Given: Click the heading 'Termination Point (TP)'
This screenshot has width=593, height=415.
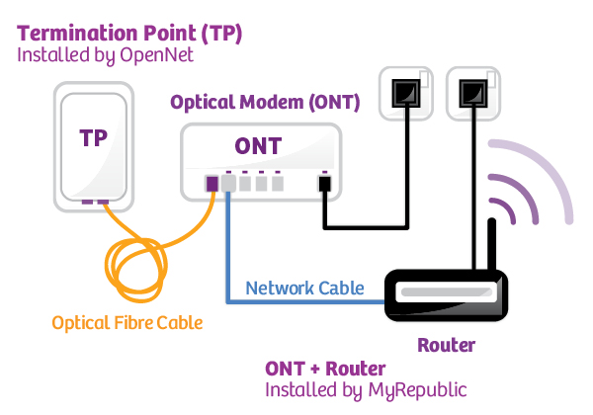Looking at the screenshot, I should click(129, 33).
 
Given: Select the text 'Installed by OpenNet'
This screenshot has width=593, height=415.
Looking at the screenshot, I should click(105, 56).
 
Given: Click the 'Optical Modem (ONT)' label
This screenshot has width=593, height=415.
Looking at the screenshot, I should click(265, 103).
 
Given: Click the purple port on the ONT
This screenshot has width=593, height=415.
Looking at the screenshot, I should click(212, 183).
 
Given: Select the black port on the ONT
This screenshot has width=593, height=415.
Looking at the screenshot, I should click(322, 184).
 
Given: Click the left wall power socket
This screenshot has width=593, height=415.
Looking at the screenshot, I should click(404, 93).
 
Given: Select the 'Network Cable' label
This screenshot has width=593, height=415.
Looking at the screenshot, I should click(304, 289).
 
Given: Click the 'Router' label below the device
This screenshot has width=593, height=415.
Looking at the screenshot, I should click(445, 346).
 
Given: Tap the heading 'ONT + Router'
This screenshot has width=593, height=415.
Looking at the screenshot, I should click(325, 369).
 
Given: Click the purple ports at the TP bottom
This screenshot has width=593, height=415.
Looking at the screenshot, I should click(95, 203).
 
